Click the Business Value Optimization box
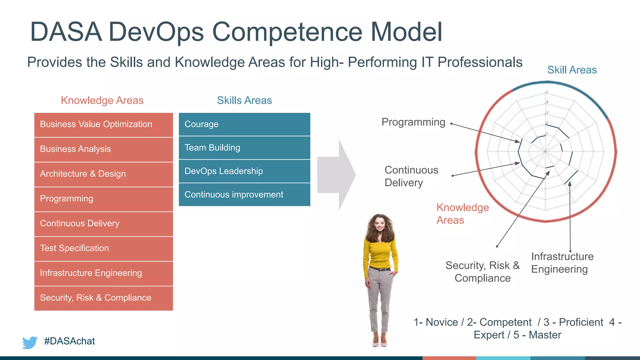pyautogui.click(x=103, y=124)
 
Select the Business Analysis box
pyautogui.click(x=103, y=149)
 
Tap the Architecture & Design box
pyautogui.click(x=103, y=174)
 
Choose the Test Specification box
pyautogui.click(x=103, y=248)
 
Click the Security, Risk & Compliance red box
pyautogui.click(x=103, y=298)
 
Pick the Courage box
pyautogui.click(x=244, y=124)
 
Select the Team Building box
pyautogui.click(x=244, y=147)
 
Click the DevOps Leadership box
pyautogui.click(x=244, y=171)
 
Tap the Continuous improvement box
pyautogui.click(x=244, y=195)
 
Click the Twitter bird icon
pyautogui.click(x=30, y=342)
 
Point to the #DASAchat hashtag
pyautogui.click(x=69, y=341)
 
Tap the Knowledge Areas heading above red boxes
pyautogui.click(x=102, y=100)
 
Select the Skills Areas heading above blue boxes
pyautogui.click(x=244, y=100)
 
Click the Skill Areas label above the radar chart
pyautogui.click(x=572, y=70)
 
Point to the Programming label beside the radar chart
pyautogui.click(x=413, y=122)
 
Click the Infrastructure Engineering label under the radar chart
pyautogui.click(x=562, y=263)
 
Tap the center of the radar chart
pyautogui.click(x=546, y=152)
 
